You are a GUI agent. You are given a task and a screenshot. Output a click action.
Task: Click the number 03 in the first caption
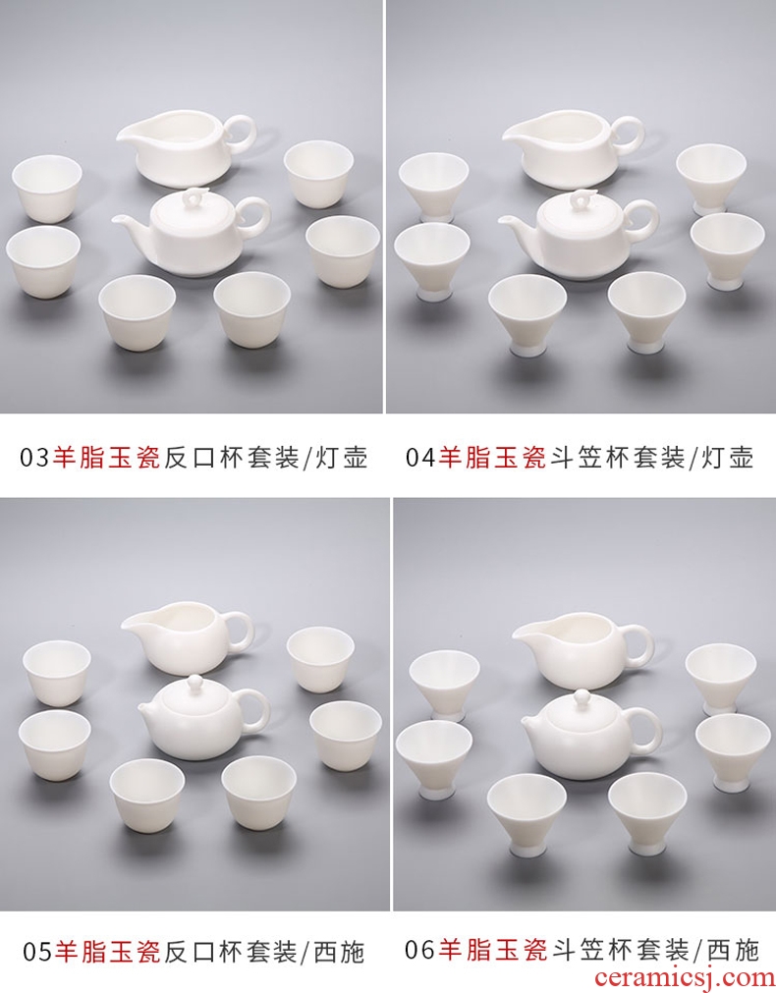[34, 458]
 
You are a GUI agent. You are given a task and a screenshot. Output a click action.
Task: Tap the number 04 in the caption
[420, 457]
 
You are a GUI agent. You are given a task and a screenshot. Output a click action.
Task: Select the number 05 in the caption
[38, 952]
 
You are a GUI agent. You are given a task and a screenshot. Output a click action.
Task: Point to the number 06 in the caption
[420, 950]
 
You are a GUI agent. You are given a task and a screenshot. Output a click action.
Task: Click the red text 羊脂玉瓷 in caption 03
[106, 457]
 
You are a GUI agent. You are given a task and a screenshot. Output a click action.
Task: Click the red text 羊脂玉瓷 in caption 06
[492, 949]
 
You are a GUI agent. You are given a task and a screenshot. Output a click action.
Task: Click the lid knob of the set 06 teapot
[579, 696]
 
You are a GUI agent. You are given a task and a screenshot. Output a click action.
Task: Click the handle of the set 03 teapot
[259, 218]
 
